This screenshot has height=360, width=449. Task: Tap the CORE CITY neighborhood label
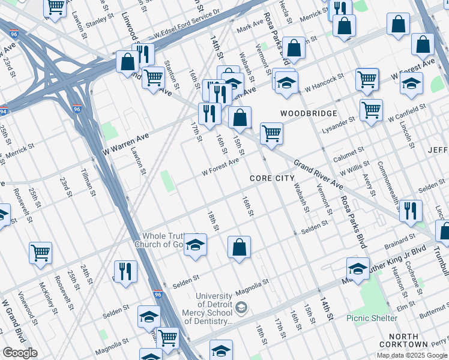tap(273, 179)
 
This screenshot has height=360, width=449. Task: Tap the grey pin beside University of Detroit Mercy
tap(241, 308)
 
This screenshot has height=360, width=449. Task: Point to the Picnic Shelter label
tap(372, 318)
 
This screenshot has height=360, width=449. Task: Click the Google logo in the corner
tap(20, 353)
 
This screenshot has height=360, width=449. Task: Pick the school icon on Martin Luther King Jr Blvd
tap(358, 269)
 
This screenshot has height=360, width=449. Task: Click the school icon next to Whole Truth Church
tap(195, 245)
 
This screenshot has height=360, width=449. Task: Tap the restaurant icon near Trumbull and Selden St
tap(411, 211)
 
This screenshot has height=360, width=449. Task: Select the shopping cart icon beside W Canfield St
tap(372, 110)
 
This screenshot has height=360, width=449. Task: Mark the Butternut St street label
tap(427, 315)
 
